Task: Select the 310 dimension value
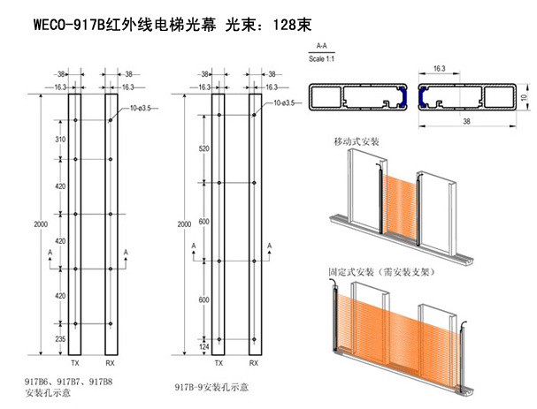click(61, 140)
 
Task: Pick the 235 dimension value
click(61, 338)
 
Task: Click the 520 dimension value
click(205, 148)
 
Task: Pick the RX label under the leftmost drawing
click(111, 363)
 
